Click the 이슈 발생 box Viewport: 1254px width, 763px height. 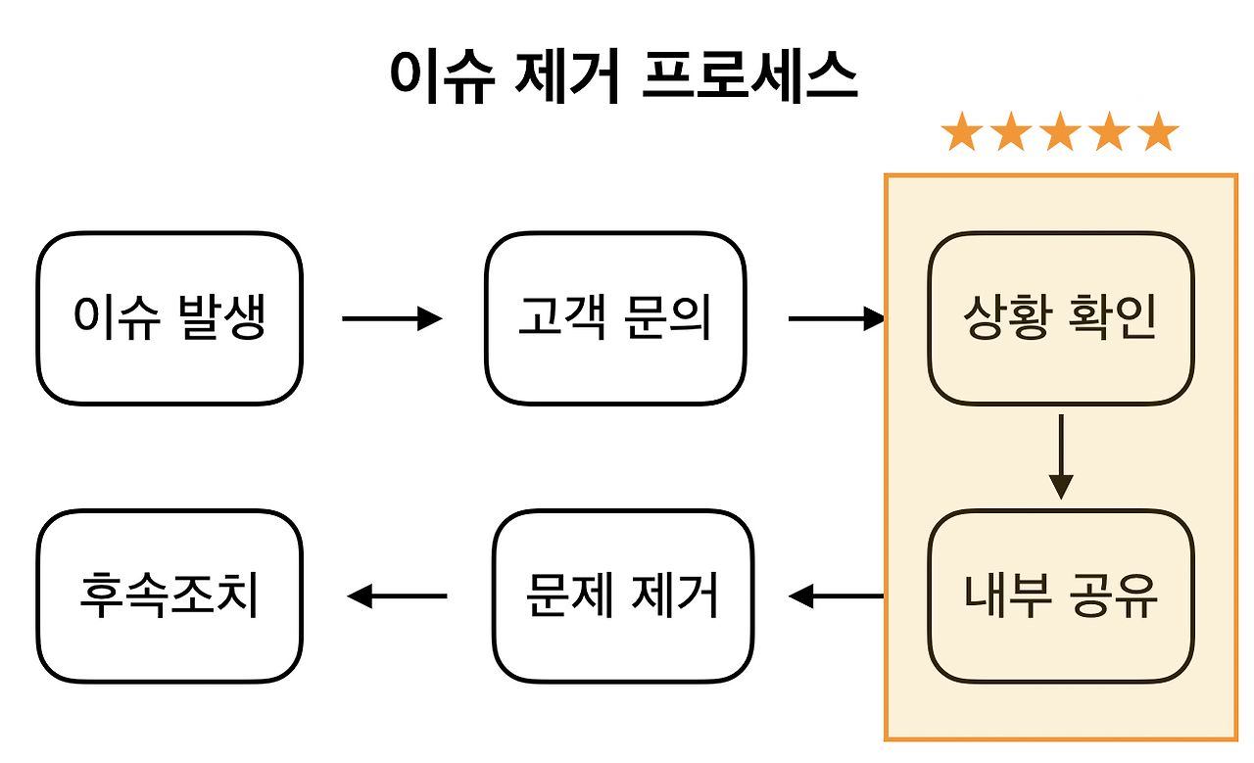pos(169,318)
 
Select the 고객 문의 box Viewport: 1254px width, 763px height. pos(615,318)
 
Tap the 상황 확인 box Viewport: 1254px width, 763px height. pos(1061,318)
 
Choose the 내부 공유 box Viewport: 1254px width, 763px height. pos(1061,596)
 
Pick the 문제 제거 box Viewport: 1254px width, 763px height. pos(623,596)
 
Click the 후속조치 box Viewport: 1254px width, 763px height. pos(169,596)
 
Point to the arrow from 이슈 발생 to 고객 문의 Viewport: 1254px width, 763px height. pos(392,318)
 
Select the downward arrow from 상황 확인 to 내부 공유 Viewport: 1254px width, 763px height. pos(1061,456)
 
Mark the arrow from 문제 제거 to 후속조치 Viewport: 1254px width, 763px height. pos(398,596)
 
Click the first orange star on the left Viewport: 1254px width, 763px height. pos(961,132)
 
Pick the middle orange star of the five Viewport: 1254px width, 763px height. pos(1060,132)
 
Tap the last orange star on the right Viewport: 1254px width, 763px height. pos(1159,132)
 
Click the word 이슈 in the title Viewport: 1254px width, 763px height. pos(442,76)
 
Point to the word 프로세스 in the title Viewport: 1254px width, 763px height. pos(750,76)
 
